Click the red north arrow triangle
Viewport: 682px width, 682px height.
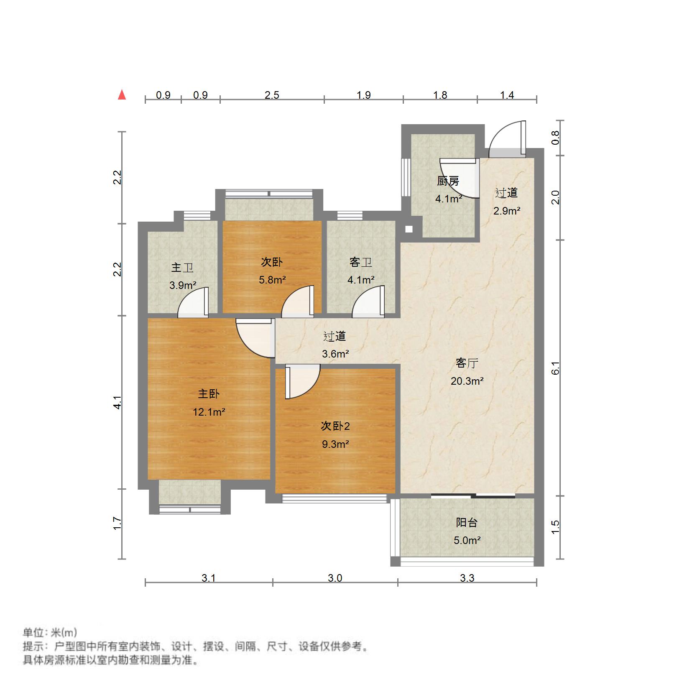point(122,95)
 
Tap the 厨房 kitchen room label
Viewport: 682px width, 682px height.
point(448,181)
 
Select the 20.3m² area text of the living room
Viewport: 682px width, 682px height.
point(467,381)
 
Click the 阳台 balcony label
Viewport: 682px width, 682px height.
point(467,522)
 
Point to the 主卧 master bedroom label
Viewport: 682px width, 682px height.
point(209,394)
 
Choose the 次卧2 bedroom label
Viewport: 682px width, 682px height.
point(335,426)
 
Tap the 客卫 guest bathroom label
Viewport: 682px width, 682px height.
point(361,262)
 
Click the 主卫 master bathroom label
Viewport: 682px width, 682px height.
point(182,268)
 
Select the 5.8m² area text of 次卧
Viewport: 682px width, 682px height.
point(272,280)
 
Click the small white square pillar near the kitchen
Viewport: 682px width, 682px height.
point(409,229)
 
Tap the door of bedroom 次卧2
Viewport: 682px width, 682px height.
point(303,381)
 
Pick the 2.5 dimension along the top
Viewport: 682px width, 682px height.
point(272,95)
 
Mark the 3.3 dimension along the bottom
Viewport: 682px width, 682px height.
point(467,578)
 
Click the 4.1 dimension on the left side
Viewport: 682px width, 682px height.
point(118,402)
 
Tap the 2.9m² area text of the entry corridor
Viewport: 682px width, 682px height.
point(507,211)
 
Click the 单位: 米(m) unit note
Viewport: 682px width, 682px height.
point(50,632)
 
